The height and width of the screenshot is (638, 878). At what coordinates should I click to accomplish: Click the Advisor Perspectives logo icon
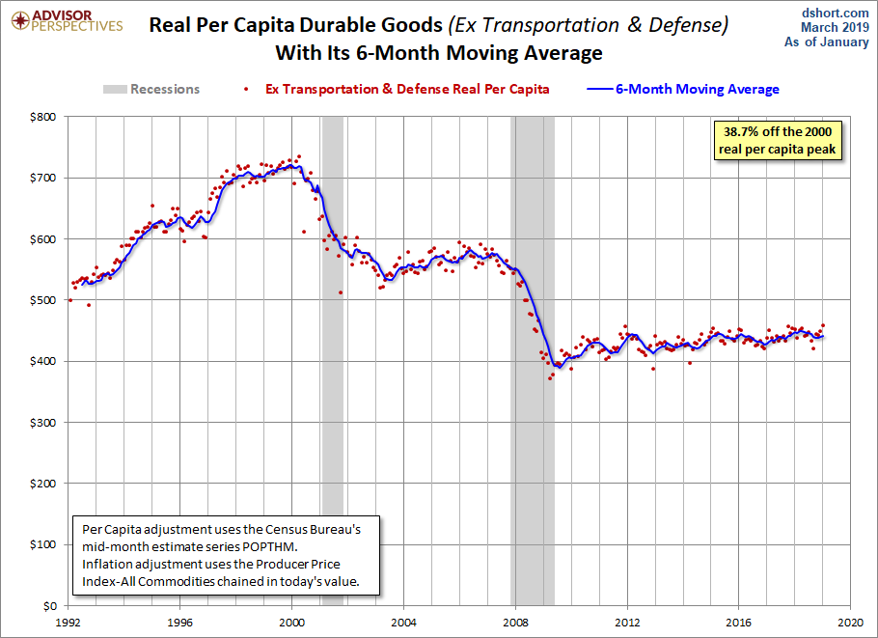[x=20, y=20]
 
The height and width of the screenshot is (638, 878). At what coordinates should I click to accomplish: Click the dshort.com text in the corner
[x=835, y=13]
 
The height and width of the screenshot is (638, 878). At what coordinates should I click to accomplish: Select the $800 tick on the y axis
[x=43, y=117]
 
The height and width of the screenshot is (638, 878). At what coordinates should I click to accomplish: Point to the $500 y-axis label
[x=43, y=300]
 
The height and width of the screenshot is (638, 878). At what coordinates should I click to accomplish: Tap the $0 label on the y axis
[x=49, y=605]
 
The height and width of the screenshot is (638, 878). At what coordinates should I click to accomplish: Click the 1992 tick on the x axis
[x=68, y=623]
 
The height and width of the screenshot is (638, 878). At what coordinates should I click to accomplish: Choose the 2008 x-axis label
[x=515, y=623]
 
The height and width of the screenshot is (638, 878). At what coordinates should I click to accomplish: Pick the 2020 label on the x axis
[x=851, y=623]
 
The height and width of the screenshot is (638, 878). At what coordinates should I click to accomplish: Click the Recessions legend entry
[x=151, y=89]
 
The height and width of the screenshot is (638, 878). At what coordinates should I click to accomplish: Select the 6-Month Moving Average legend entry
[x=683, y=89]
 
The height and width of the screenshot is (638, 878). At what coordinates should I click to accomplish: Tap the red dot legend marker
[x=246, y=89]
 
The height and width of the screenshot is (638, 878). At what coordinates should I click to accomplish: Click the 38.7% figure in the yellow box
[x=741, y=131]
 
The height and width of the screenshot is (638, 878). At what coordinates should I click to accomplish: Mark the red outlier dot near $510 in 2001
[x=341, y=292]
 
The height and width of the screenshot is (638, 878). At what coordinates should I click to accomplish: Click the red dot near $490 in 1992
[x=89, y=305]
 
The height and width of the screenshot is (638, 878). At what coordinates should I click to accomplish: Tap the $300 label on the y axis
[x=43, y=423]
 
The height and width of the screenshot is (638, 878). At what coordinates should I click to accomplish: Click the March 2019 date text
[x=835, y=27]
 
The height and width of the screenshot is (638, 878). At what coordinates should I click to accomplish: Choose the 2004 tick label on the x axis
[x=403, y=623]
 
